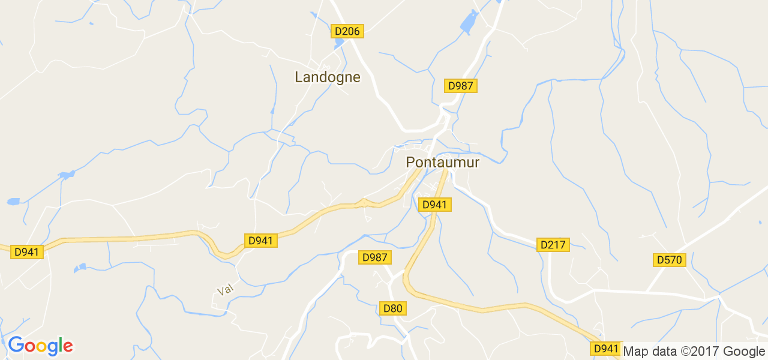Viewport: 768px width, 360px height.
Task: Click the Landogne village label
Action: [328, 77]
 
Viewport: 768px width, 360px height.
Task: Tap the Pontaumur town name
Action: [443, 162]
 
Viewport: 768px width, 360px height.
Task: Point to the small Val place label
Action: [225, 290]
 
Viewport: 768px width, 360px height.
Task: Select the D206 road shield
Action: [348, 31]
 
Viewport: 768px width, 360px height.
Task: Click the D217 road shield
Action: [553, 245]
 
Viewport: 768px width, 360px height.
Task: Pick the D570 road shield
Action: [669, 260]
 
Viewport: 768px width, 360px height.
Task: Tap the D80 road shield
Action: [393, 308]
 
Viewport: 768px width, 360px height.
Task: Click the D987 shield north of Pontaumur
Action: [461, 86]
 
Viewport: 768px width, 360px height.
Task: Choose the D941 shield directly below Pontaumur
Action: [435, 205]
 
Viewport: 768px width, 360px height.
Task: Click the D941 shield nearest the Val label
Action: [260, 241]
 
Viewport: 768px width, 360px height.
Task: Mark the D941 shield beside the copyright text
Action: [605, 349]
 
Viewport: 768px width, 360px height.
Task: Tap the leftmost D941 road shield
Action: [27, 252]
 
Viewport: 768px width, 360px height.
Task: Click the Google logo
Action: [40, 346]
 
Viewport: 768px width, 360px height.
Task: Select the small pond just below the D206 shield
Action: [339, 44]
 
